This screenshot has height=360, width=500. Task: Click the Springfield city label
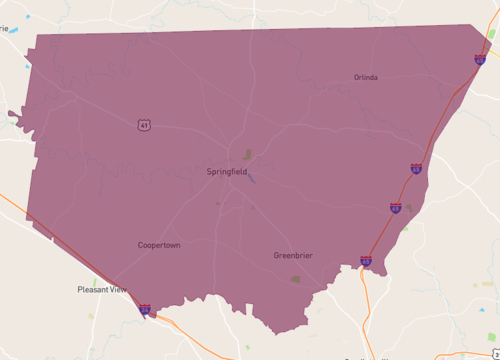pos(228,171)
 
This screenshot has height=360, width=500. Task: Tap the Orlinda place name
pos(365,77)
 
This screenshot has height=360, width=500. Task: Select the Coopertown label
pos(159,245)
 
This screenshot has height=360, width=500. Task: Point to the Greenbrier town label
pos(293,256)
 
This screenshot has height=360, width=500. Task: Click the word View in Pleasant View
pos(117,290)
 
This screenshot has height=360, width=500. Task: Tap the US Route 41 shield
pos(145,124)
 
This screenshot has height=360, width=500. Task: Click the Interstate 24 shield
pos(145,310)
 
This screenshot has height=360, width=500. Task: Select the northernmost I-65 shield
pos(480,60)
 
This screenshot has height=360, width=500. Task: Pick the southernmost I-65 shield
pos(366,262)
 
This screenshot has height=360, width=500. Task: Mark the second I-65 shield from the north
pos(415,169)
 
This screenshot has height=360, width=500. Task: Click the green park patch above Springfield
pos(247,155)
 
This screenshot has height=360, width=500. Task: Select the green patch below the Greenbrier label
pos(295,279)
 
